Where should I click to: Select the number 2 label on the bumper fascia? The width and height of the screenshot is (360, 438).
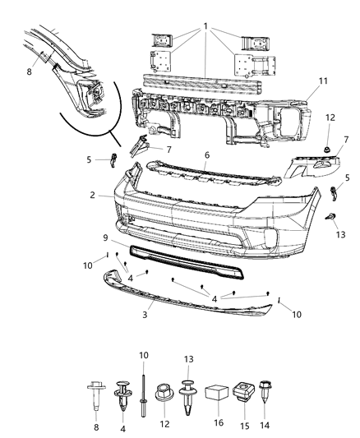click(x=96, y=196)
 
